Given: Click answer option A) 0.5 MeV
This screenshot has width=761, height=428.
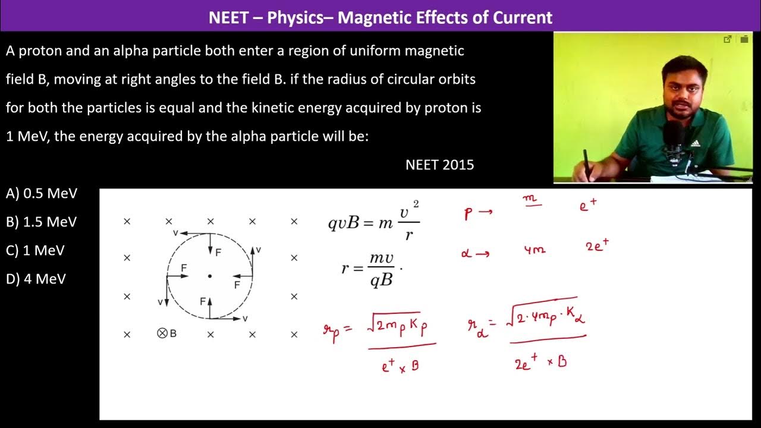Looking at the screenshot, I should (42, 193).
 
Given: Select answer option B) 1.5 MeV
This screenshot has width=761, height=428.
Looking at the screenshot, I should (42, 222).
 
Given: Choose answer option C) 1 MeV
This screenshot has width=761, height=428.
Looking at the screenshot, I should (35, 250).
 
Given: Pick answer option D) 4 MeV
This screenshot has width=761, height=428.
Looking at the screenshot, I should (36, 279).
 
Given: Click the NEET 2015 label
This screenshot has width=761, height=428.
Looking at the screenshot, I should (439, 165).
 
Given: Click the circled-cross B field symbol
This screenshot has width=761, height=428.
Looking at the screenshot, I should (162, 333).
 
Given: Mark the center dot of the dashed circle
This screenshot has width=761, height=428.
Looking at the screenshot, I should (209, 276).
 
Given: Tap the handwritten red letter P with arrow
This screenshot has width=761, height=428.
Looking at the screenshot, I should (477, 214).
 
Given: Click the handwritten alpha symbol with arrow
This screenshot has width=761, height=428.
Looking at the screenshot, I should (475, 254).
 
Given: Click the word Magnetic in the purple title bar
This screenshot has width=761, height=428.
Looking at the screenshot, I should (370, 17).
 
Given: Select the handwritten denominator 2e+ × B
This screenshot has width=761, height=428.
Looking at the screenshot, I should (540, 362).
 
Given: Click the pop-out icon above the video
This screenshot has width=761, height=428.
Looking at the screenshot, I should (727, 40).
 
